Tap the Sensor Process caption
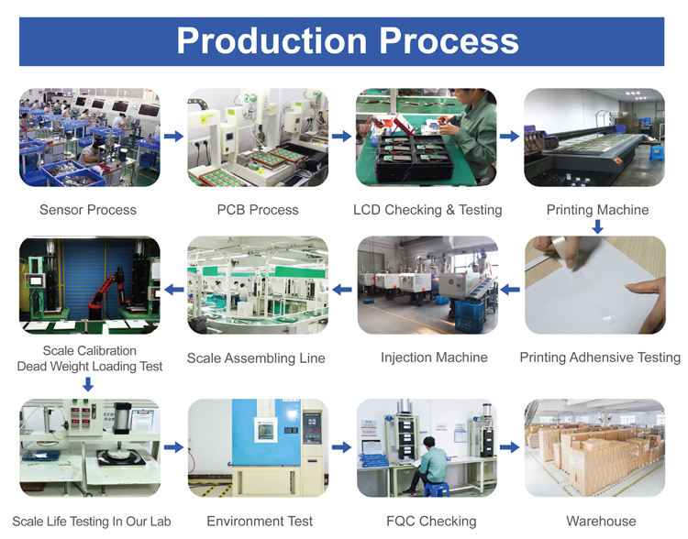(88, 210)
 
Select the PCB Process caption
(258, 210)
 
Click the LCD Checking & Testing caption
(427, 210)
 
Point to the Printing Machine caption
(597, 210)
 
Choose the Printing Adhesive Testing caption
(600, 357)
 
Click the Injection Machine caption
(434, 357)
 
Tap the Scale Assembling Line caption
(256, 358)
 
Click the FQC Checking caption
(431, 522)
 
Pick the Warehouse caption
(601, 522)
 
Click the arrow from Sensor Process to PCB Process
(172, 137)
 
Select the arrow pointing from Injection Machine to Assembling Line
(342, 290)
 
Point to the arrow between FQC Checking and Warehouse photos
(511, 447)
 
